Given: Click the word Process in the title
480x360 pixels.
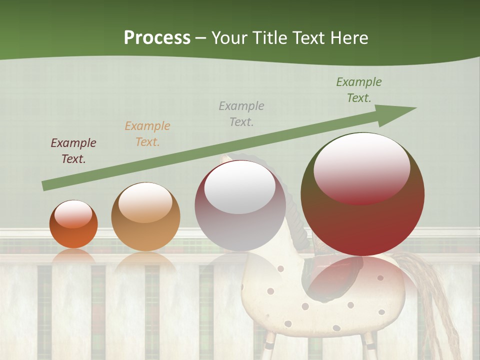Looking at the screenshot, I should [157, 37].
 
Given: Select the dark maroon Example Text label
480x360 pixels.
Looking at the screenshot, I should [73, 151].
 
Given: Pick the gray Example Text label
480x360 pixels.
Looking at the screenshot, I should [241, 113].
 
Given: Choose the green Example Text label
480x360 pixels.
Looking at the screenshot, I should [359, 90].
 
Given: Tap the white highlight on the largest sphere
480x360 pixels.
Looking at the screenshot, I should [361, 167].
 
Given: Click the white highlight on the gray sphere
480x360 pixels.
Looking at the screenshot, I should [240, 187].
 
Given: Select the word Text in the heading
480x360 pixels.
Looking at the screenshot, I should [308, 37].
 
